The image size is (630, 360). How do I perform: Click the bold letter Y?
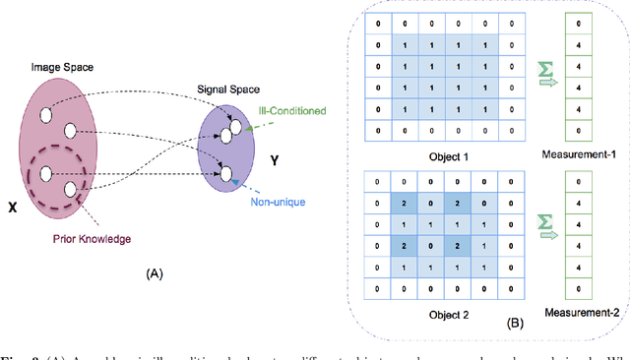[x=279, y=155]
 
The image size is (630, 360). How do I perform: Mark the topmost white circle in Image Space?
[x=46, y=116]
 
